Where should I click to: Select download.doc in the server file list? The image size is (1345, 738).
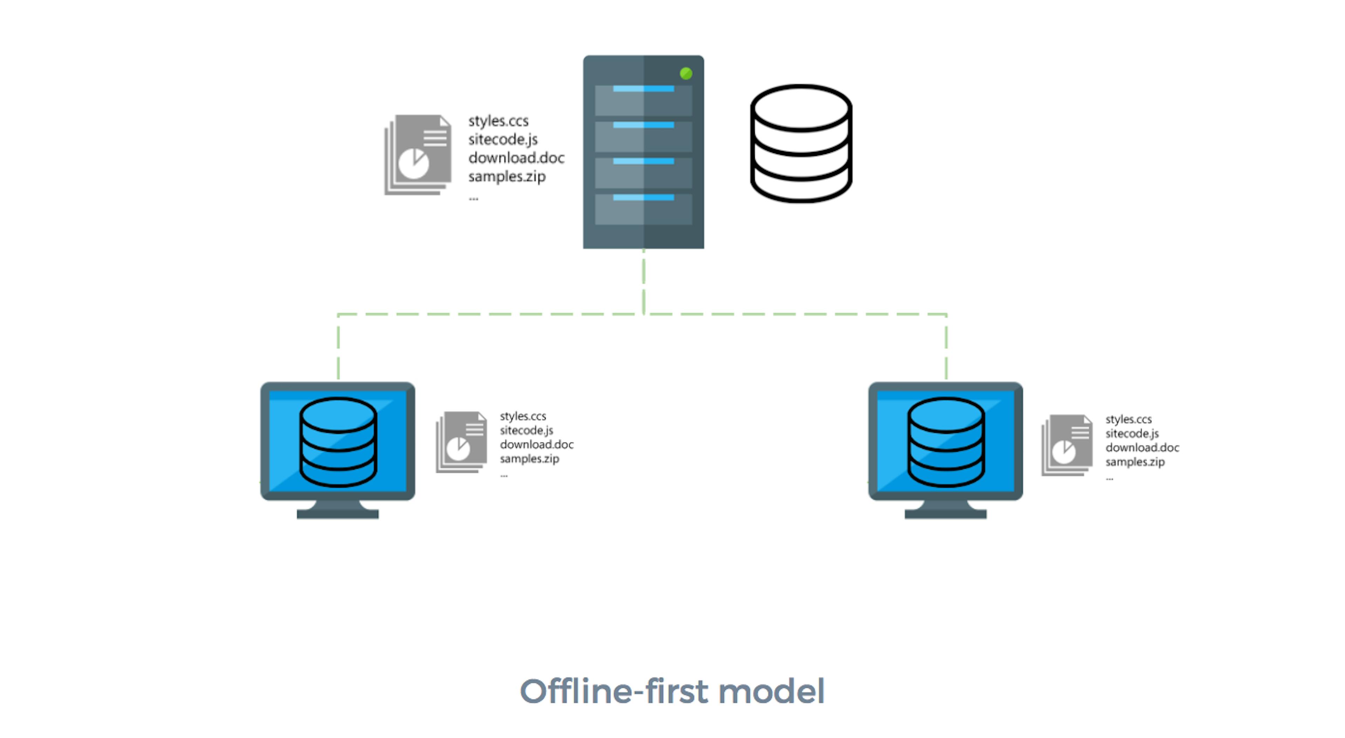(x=516, y=158)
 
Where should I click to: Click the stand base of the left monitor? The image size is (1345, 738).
(x=337, y=514)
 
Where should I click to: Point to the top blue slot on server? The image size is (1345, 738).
(x=643, y=89)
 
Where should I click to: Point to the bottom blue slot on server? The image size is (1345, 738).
(x=643, y=197)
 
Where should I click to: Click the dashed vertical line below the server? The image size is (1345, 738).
(x=643, y=282)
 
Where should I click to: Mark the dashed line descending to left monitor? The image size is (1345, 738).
(x=338, y=347)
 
